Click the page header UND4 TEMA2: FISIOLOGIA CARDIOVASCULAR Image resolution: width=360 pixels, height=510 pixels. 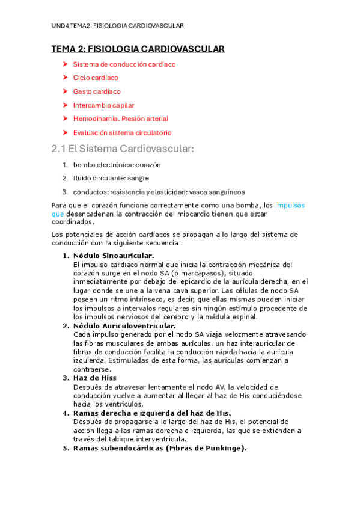(117, 26)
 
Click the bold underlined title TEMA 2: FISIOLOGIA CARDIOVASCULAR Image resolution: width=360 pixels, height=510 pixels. (138, 49)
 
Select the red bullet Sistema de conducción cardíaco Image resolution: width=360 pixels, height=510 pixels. (124, 64)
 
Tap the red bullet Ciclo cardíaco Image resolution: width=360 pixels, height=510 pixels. (96, 78)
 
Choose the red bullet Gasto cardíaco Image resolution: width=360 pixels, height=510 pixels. (97, 91)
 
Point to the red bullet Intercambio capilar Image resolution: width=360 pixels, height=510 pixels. (103, 105)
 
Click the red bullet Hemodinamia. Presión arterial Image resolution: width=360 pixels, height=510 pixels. (120, 119)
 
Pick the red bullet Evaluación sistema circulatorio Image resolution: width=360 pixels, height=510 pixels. (122, 133)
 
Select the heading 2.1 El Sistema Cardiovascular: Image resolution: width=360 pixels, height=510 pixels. (123, 149)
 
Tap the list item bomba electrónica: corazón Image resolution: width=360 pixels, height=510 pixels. (117, 164)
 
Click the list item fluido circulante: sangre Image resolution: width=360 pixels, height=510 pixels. (111, 178)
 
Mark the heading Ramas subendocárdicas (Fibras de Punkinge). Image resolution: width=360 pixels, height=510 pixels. (159, 448)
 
